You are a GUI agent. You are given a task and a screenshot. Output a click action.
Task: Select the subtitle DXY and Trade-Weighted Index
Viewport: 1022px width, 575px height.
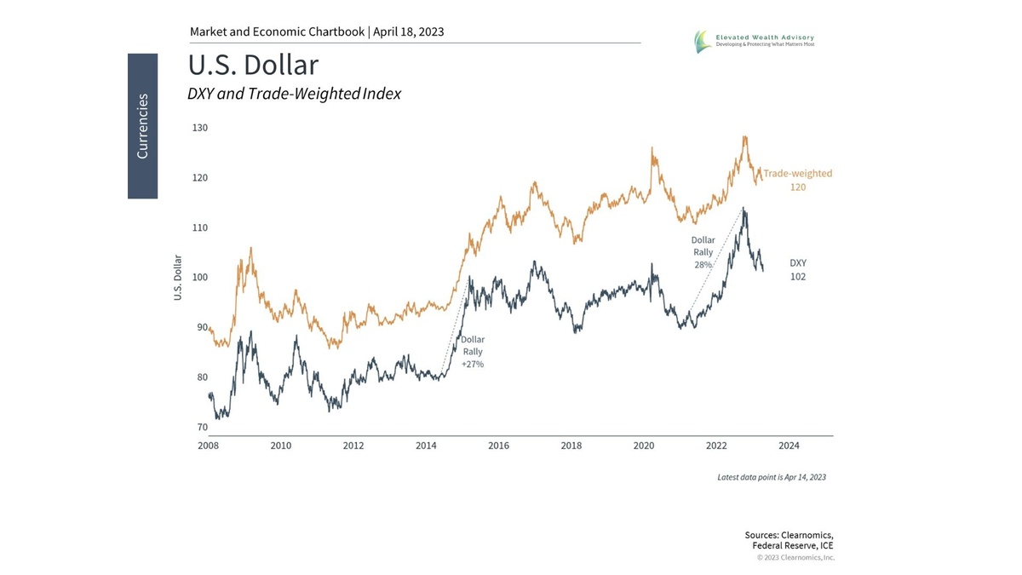coord(294,94)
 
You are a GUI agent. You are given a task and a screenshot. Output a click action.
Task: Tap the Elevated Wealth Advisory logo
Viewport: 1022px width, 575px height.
coord(753,40)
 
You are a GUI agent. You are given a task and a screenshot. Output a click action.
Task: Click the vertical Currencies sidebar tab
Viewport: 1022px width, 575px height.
coord(142,126)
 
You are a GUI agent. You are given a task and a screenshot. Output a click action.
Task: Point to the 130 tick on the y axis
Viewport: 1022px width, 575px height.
coord(199,128)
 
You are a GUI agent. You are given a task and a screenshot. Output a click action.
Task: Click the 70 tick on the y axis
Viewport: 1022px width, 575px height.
coord(201,427)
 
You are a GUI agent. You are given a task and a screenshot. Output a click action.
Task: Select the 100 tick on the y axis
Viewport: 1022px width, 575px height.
coord(199,278)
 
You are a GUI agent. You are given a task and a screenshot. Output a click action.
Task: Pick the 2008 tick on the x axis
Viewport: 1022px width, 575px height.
coord(209,446)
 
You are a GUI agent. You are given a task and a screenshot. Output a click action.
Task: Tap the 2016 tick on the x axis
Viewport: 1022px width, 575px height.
coord(498,446)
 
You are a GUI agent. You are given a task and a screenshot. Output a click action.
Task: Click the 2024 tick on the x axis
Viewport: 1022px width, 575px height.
coord(789,446)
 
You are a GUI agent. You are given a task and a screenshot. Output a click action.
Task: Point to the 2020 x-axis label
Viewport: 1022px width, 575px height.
coord(644,446)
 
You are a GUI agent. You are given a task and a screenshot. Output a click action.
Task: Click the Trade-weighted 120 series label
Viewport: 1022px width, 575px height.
coord(797,180)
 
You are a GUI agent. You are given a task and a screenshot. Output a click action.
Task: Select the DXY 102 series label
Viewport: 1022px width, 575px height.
coord(797,270)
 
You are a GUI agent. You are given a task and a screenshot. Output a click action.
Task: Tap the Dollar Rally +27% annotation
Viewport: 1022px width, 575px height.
coord(473,352)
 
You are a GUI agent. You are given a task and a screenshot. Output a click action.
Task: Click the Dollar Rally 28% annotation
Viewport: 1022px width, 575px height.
coord(703,252)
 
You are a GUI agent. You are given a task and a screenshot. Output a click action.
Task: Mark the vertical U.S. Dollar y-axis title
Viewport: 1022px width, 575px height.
coord(178,278)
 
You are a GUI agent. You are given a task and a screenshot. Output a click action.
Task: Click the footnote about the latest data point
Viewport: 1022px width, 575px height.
coord(771,477)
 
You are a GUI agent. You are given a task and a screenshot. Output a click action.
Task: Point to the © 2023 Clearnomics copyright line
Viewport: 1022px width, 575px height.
coord(795,558)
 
